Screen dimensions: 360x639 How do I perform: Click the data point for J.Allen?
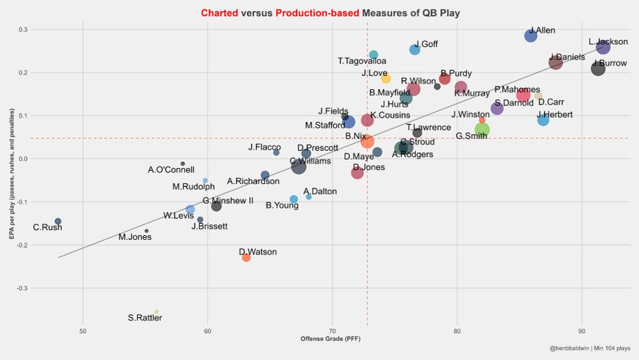[530, 36]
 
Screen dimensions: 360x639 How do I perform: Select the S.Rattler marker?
[157, 311]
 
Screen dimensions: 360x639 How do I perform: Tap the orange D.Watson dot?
[246, 257]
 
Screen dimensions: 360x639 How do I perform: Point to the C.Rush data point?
[58, 221]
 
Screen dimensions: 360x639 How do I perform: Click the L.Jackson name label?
[608, 42]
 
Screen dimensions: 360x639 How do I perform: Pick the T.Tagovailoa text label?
[362, 61]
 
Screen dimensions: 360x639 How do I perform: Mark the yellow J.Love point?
[386, 79]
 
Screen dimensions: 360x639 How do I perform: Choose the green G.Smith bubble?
[482, 130]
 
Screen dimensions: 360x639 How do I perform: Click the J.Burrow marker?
[598, 68]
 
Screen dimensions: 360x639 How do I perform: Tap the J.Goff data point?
[415, 49]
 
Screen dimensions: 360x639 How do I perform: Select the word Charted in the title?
[219, 13]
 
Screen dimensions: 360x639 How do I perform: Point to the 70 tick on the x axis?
[332, 331]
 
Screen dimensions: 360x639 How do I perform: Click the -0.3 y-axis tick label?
[22, 288]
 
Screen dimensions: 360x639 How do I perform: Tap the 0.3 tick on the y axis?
[23, 29]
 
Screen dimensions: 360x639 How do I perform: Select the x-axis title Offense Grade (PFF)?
[332, 338]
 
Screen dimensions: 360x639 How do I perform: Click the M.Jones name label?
[135, 237]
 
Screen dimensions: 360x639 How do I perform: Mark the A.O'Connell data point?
[183, 164]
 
